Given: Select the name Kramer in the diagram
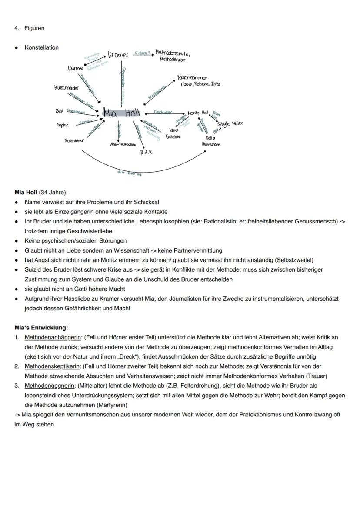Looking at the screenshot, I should [x=118, y=55].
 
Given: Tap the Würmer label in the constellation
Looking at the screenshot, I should [x=76, y=69].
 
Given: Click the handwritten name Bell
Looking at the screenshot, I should [x=60, y=111].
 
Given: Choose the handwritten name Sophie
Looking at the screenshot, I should [x=63, y=125].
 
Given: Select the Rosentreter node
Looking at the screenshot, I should [x=74, y=140].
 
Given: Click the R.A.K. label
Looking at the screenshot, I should [x=147, y=153].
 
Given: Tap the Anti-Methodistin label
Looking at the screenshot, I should [x=123, y=144].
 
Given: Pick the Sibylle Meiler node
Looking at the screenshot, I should [x=230, y=123].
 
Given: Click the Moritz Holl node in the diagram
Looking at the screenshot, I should [x=198, y=113].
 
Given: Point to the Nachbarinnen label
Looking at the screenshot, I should [x=193, y=78].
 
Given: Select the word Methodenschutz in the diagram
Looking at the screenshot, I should [x=173, y=53].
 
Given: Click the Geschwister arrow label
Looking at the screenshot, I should [x=163, y=112].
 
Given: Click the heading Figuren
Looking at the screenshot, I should [x=34, y=28].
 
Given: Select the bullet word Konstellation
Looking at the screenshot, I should [x=42, y=47].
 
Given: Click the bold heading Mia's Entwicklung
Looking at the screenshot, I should [x=41, y=328].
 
